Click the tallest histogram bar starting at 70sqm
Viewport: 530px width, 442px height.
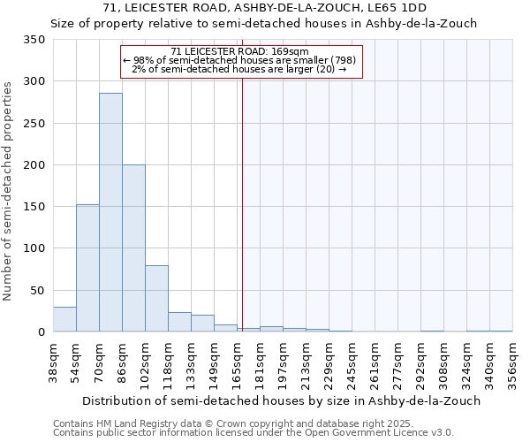[110, 212]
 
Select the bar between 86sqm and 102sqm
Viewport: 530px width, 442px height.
[133, 248]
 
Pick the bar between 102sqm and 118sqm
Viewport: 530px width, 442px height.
[156, 299]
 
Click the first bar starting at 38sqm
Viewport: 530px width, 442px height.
[64, 319]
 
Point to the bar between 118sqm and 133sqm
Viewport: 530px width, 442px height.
[179, 322]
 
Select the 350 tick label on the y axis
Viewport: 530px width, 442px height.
[34, 40]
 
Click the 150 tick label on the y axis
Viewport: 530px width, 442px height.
[34, 207]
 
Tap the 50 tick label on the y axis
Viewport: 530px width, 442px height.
[38, 290]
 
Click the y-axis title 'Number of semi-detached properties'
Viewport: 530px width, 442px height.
[8, 190]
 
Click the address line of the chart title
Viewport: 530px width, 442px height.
[264, 8]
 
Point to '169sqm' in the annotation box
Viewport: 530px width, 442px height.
[291, 51]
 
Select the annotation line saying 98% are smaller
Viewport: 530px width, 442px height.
[239, 60]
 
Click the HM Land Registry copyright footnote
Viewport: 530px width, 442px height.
[221, 423]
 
